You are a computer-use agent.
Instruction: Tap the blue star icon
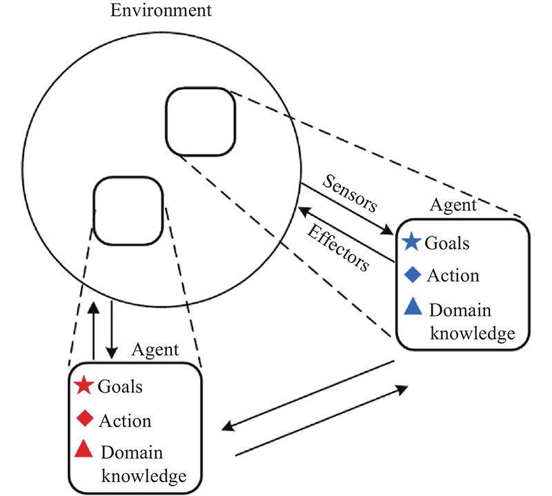coord(411,242)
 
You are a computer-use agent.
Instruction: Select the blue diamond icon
coord(411,275)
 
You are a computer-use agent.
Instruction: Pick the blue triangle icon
coord(412,307)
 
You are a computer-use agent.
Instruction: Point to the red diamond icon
coord(84,419)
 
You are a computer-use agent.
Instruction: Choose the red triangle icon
coord(83,450)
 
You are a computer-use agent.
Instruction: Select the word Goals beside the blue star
coord(447,243)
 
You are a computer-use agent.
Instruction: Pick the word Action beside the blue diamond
coord(453,275)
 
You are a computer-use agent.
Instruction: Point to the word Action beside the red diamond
coord(125,420)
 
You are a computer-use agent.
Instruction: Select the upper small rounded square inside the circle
coord(200,121)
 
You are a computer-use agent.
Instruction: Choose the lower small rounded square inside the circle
coord(128,210)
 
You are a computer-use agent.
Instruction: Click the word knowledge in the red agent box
coord(144,475)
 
